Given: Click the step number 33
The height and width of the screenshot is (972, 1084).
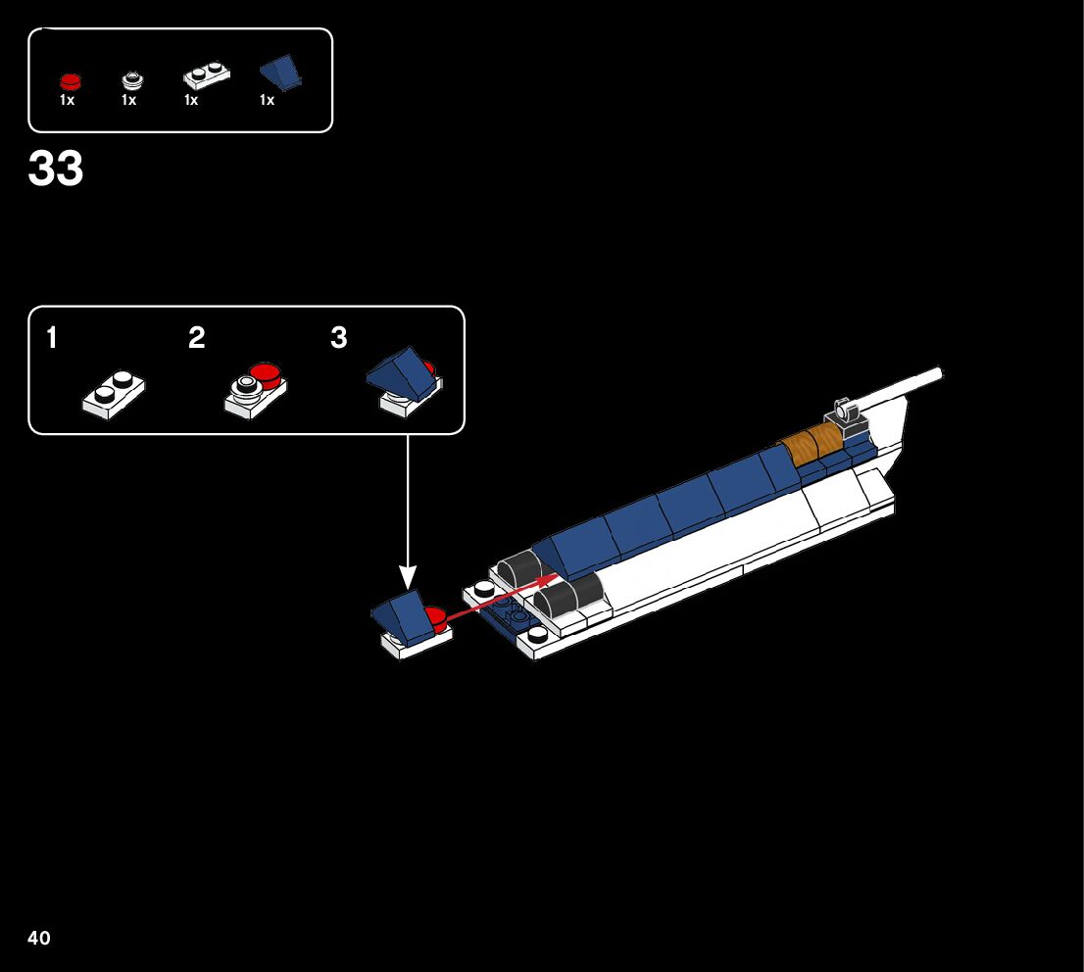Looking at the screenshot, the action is tap(56, 170).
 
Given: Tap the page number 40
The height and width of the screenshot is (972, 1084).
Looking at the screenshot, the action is tap(38, 939).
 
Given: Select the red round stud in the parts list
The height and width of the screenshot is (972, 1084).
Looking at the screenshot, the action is tap(70, 81).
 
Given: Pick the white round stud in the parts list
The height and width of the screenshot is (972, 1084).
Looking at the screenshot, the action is tap(130, 80).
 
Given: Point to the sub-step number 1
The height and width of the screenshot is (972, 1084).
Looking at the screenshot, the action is tap(51, 339).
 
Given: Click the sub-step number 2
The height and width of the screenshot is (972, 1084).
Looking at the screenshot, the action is tap(197, 339).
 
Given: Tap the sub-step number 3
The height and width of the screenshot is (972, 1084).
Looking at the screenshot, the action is tap(339, 339).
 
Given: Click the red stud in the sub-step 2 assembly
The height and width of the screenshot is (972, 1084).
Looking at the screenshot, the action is tap(264, 372).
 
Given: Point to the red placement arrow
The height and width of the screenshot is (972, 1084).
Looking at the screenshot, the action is tap(500, 599).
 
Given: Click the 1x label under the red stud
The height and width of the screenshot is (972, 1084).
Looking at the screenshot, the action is tap(68, 101).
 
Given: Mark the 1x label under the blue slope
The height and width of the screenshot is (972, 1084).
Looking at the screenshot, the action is tap(267, 101).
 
